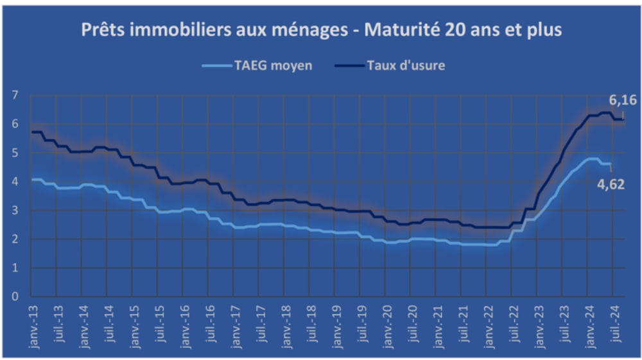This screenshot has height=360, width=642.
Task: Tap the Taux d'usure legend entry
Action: point(406,65)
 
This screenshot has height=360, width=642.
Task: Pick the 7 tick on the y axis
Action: point(15,96)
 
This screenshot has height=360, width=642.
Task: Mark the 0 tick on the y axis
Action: point(15,297)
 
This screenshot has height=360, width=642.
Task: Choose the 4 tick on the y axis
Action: point(15,182)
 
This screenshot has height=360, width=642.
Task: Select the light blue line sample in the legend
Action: point(215,65)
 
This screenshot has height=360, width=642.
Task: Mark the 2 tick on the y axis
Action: point(15,239)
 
